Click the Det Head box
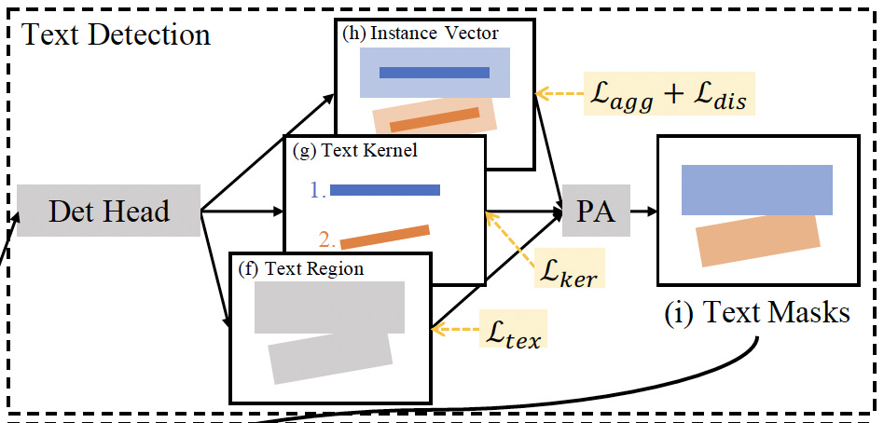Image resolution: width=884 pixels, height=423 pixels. pos(109,211)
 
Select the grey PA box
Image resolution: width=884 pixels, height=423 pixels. pos(596,211)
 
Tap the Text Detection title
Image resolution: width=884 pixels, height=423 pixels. pos(117,35)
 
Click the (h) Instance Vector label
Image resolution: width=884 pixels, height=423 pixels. pos(421,34)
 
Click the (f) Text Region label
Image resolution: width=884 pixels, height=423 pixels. pos(301,269)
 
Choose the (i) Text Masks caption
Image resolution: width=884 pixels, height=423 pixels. pos(757,312)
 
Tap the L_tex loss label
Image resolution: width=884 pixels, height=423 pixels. pos(513,331)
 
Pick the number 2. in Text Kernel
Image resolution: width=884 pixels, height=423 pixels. pos(326,239)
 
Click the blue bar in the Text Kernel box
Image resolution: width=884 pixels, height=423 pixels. pos(385,190)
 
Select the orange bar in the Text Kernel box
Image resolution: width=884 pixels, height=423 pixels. pos(385,237)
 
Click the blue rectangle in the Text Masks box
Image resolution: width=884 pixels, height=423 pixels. pos(756,190)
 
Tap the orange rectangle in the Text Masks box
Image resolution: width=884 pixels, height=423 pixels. pos(758,240)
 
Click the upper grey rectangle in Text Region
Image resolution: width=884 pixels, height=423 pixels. pos(329,307)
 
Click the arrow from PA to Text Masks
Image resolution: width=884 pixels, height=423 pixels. pos(642,211)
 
